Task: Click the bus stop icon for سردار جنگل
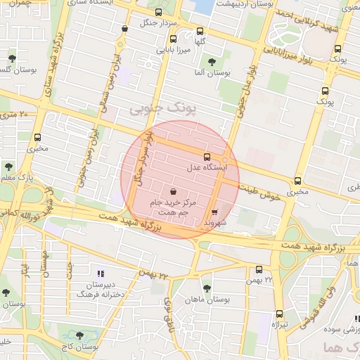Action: (x=158, y=12)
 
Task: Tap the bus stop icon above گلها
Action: (x=201, y=30)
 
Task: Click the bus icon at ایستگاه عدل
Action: (x=207, y=157)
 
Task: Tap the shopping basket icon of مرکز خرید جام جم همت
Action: (x=173, y=191)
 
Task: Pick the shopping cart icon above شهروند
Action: (x=214, y=210)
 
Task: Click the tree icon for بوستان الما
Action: (x=212, y=62)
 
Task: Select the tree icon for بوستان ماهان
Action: (x=206, y=288)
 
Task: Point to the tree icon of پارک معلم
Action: (x=8, y=167)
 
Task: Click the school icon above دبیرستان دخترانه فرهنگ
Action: (x=100, y=273)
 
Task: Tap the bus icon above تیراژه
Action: (x=279, y=314)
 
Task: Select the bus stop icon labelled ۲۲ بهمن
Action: (x=259, y=269)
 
